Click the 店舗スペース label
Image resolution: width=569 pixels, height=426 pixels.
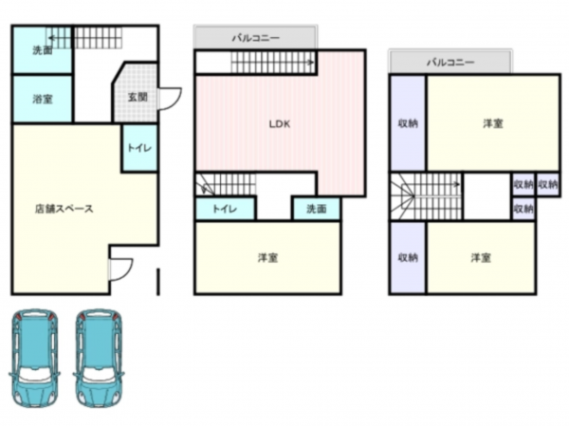64,209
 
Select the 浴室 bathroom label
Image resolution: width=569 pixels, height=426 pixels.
42,98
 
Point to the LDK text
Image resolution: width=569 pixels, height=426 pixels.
279,123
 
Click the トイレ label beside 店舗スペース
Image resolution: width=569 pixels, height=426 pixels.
139,148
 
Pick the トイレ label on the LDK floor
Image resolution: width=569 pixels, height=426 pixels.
224,209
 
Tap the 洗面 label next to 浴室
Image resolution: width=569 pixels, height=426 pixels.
42,50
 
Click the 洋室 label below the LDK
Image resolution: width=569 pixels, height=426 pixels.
267,257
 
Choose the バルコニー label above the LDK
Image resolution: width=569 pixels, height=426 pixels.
255,38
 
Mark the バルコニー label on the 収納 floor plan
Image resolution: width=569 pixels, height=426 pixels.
450,62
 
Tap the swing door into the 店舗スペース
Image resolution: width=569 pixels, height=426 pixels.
120,269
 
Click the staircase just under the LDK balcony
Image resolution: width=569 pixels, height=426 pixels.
273,62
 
